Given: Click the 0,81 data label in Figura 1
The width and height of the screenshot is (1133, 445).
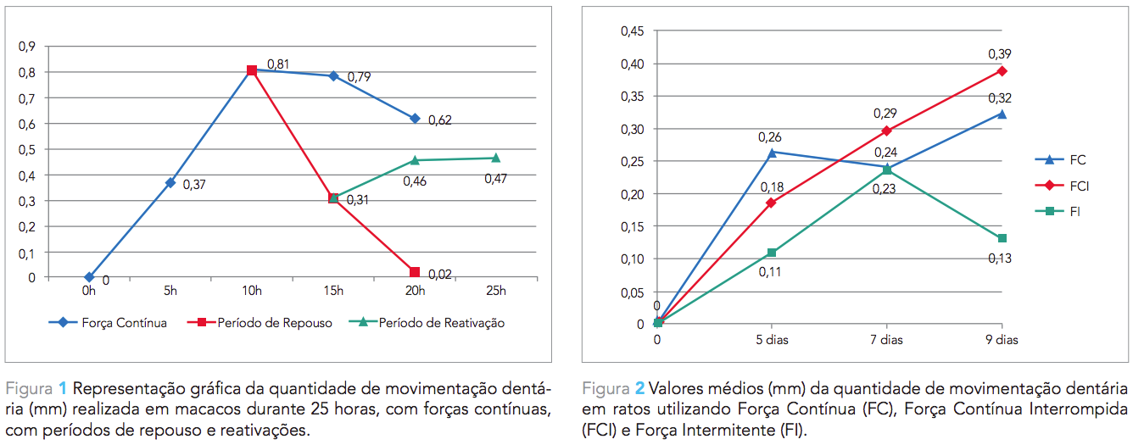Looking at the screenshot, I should [279, 64].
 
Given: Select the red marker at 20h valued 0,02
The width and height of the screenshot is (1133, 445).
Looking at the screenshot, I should [415, 272].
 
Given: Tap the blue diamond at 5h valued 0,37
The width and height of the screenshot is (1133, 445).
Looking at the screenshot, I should [170, 182].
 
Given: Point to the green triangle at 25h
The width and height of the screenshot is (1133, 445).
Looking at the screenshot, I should [496, 158].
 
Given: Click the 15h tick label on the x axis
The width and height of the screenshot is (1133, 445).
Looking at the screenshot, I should [333, 292].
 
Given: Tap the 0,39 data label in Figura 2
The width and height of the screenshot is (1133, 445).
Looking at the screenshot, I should [1000, 54].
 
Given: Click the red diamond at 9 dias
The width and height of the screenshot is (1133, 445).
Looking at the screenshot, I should [1002, 70].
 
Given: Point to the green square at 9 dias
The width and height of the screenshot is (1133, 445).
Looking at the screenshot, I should [1002, 238].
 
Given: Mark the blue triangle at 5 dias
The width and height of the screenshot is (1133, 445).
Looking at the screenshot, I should [772, 153].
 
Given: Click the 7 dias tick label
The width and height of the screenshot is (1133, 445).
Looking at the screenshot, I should [887, 339].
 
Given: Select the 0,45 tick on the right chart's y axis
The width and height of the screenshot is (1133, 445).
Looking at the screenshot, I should [633, 31].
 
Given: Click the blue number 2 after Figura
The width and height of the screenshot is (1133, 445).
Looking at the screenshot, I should [640, 389].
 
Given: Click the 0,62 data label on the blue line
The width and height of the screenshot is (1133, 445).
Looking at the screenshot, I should [439, 120].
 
